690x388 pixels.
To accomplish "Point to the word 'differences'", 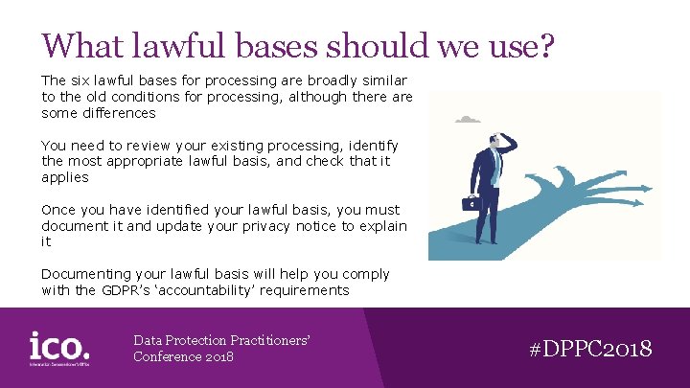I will [113, 113].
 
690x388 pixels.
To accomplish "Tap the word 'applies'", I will [64, 177].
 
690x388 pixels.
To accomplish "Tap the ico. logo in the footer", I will [59, 347].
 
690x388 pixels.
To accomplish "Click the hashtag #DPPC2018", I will [590, 348].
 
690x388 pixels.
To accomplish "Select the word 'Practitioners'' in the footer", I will [267, 340].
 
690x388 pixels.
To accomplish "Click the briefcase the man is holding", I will [471, 203].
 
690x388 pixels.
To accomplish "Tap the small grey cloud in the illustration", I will [467, 120].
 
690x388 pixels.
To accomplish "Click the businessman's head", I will [494, 143].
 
